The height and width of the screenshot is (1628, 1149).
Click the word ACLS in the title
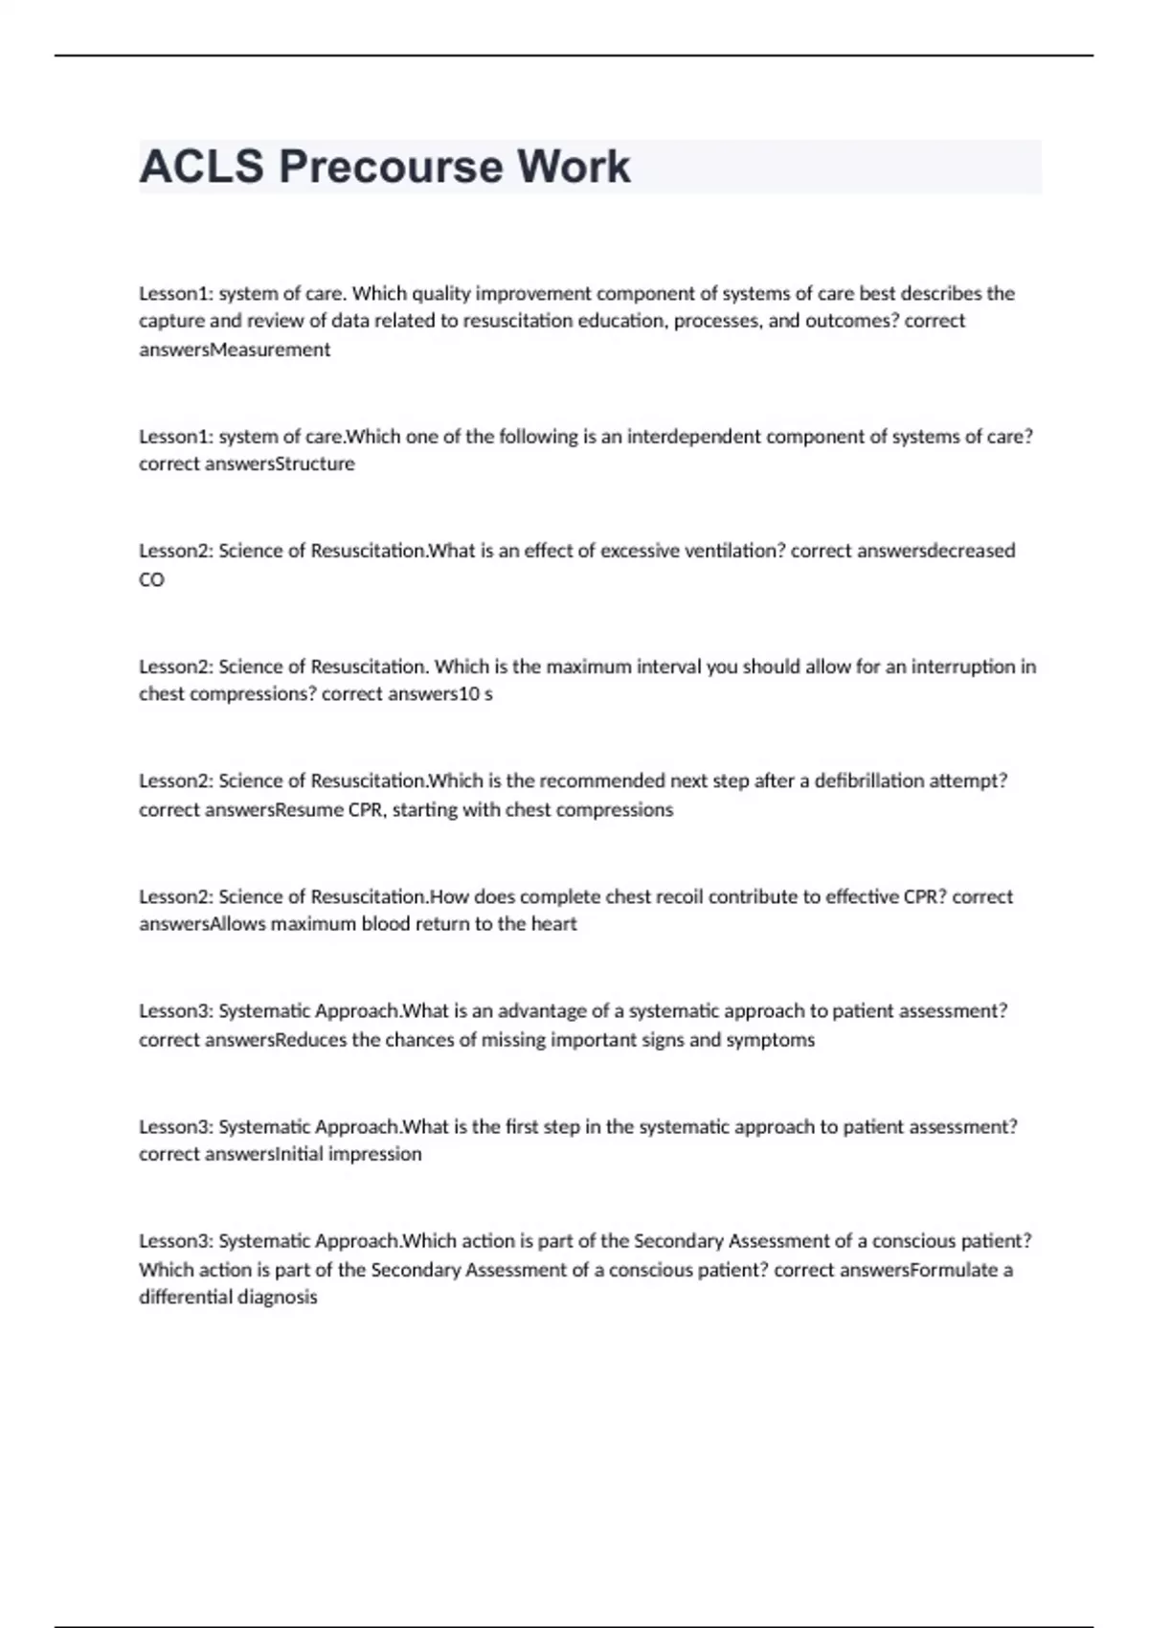tap(201, 167)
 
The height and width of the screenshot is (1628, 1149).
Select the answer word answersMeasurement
tap(235, 350)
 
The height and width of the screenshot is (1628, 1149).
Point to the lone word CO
tap(151, 579)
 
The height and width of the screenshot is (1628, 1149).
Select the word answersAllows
tap(202, 924)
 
